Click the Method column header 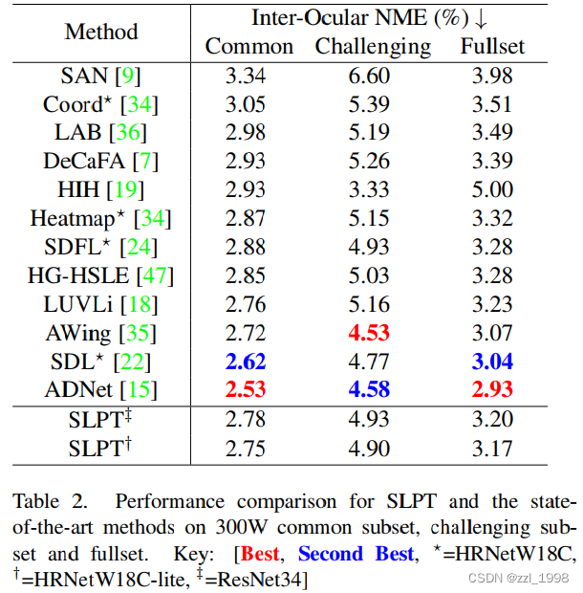pos(100,31)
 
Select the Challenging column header pos(374,46)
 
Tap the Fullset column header pos(492,46)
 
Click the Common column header pos(249,46)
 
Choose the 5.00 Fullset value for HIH pos(492,190)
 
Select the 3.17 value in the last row pos(492,448)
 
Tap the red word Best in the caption pos(260,553)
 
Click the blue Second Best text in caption pos(356,553)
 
